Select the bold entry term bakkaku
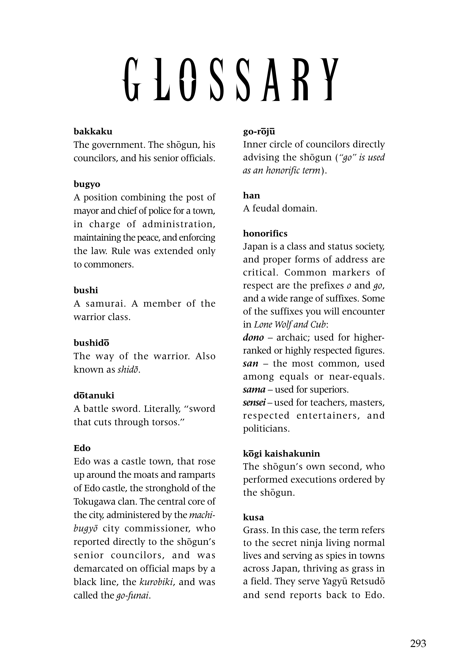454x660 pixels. pyautogui.click(x=93, y=132)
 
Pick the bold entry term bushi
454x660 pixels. pyautogui.click(x=86, y=290)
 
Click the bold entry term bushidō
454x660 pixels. pyautogui.click(x=91, y=343)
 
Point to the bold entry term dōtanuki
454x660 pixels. pyautogui.click(x=94, y=395)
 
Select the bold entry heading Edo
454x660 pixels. pyautogui.click(x=82, y=448)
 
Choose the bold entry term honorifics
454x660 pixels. pyautogui.click(x=265, y=233)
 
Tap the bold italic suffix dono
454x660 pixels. pyautogui.click(x=253, y=337)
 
